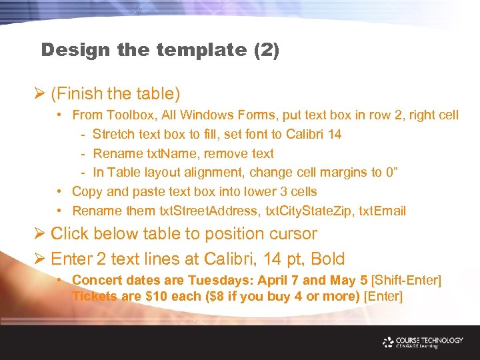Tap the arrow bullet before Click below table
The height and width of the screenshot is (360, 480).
tap(39, 234)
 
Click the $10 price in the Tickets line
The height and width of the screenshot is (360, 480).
tap(157, 296)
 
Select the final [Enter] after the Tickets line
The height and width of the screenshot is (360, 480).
tap(383, 296)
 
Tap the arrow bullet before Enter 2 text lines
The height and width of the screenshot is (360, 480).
tap(39, 259)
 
